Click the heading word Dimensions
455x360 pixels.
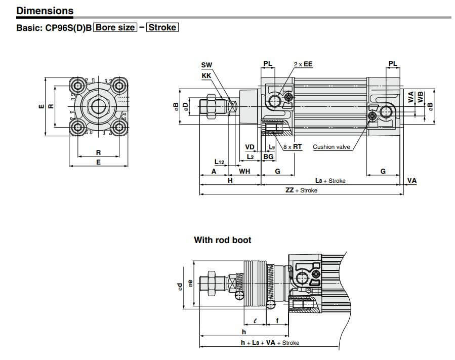(x=45, y=11)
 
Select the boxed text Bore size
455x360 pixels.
(x=116, y=27)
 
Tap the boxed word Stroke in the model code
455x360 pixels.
(x=162, y=27)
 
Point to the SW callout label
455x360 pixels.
(x=206, y=65)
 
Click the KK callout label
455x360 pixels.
(x=206, y=75)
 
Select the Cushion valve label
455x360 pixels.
(x=331, y=147)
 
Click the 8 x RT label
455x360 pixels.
(x=293, y=147)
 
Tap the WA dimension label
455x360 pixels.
(x=411, y=97)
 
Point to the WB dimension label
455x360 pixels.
(x=420, y=97)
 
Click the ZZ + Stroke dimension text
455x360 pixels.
(x=301, y=190)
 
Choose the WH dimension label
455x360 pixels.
(x=244, y=172)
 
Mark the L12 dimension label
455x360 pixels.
(x=219, y=162)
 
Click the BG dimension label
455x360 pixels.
(x=268, y=157)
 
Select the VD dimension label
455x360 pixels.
(x=250, y=147)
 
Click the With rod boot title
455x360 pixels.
(x=222, y=240)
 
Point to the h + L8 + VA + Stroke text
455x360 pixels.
(x=269, y=343)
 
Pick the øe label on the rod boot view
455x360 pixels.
(x=189, y=285)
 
